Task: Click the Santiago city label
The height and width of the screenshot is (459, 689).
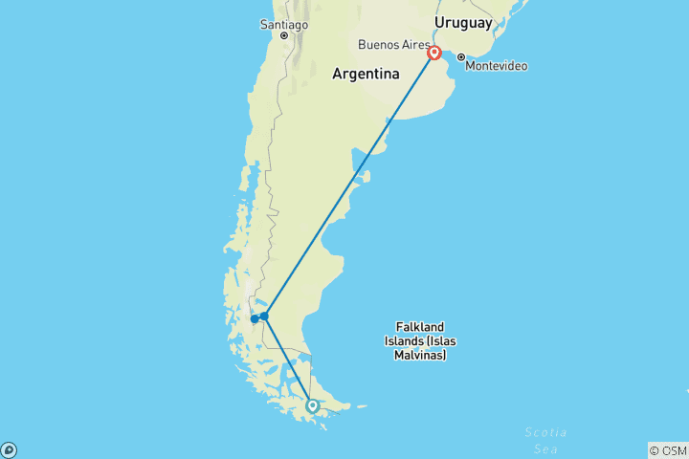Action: click(284, 23)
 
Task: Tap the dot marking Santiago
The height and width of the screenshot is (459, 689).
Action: click(284, 35)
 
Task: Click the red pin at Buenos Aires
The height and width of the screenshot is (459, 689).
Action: click(434, 53)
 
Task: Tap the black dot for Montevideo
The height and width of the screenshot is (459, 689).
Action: click(461, 56)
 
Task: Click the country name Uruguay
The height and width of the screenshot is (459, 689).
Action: click(463, 22)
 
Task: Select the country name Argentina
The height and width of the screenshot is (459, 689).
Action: click(366, 74)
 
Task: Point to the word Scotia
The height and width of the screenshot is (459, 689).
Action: click(545, 432)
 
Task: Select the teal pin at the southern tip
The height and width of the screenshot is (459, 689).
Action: click(312, 405)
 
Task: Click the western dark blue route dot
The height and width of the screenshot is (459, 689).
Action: click(255, 318)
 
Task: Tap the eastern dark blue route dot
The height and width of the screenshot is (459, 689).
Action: click(265, 316)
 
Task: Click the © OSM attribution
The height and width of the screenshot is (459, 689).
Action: click(667, 449)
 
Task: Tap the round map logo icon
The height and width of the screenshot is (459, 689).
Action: click(9, 449)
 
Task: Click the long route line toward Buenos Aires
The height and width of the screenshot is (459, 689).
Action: click(349, 185)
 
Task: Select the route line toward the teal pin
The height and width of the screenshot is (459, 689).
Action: click(288, 361)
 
